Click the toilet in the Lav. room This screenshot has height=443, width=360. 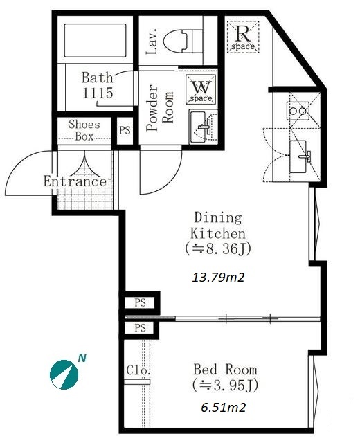[x=183, y=42]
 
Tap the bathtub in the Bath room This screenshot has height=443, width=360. [x=96, y=40]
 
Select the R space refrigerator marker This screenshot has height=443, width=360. [x=243, y=37]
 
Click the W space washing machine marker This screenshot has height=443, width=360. [x=201, y=89]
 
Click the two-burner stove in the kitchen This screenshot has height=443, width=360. [x=298, y=111]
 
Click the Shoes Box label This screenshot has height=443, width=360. [x=84, y=130]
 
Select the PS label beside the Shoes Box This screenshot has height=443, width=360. [x=125, y=130]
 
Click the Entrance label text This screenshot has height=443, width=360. [x=75, y=181]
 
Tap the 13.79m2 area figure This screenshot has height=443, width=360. [x=218, y=278]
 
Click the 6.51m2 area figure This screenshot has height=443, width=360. [x=224, y=408]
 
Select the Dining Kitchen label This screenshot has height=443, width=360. [x=218, y=233]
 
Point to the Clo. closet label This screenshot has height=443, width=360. [x=138, y=370]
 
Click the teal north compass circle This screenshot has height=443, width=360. [x=64, y=374]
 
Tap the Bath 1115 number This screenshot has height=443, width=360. [x=98, y=93]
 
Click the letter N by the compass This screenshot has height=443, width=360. [x=82, y=359]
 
